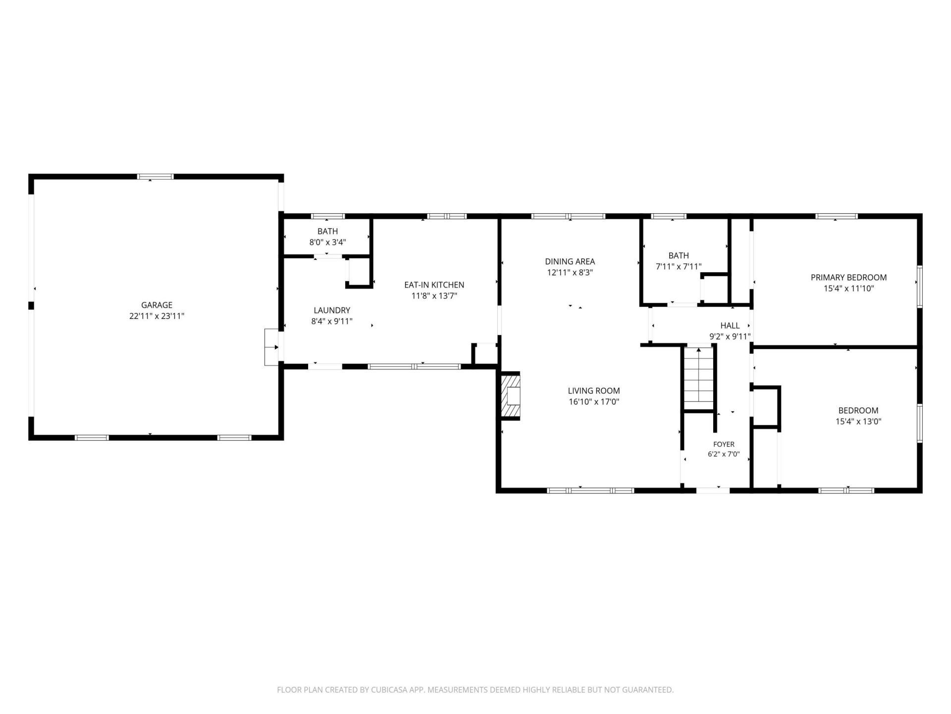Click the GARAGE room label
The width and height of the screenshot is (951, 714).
157,305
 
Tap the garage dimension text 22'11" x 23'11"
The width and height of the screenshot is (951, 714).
157,316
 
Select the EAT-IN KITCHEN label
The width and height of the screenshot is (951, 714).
434,285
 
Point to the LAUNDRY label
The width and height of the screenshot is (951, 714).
332,310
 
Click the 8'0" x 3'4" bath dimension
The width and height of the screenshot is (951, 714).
327,242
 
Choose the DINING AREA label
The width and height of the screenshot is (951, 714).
570,261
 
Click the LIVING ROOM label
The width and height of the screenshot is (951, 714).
594,391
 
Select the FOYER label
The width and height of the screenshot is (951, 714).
724,444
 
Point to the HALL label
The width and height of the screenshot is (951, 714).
730,326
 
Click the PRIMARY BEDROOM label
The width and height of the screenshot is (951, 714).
848,278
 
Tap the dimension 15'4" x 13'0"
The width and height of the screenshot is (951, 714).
858,421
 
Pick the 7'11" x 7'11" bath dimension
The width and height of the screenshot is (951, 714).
679,267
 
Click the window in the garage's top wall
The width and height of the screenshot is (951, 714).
156,177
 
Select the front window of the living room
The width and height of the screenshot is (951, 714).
590,490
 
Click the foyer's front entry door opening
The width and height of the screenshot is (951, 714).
713,490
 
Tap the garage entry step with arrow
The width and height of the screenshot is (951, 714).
271,347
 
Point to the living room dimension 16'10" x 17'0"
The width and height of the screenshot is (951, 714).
594,402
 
